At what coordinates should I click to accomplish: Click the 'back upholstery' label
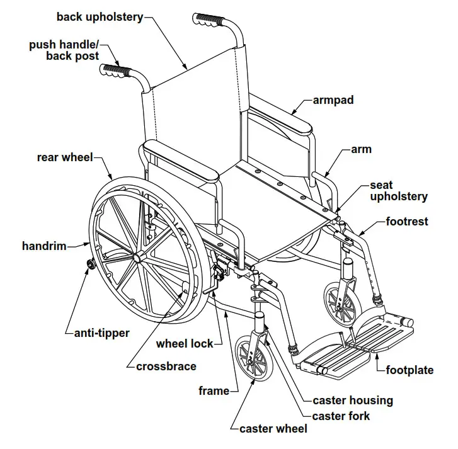[x=100, y=16]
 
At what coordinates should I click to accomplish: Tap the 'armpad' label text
[x=334, y=99]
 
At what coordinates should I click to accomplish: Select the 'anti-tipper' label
[x=101, y=332]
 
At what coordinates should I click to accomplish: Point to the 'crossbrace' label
[x=166, y=366]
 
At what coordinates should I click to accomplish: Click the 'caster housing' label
[x=353, y=400]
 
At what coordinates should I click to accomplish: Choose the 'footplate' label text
[x=409, y=370]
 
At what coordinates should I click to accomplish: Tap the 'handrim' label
[x=44, y=246]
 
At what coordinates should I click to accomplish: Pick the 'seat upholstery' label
[x=398, y=191]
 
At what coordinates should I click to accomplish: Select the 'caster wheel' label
[x=273, y=429]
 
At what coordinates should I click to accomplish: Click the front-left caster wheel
[x=250, y=359]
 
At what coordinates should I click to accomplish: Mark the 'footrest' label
[x=407, y=222]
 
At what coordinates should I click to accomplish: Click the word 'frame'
[x=214, y=391]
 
